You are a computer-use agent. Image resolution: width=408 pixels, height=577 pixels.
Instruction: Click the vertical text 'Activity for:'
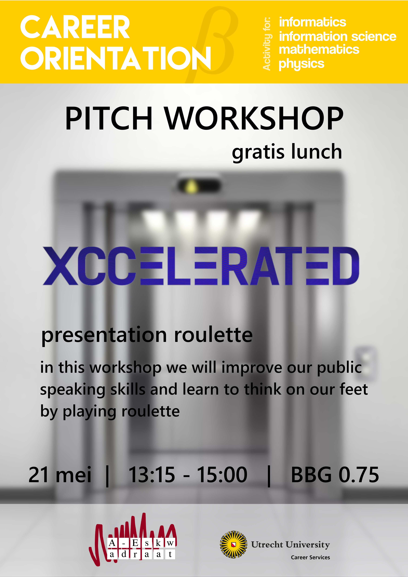pyautogui.click(x=267, y=44)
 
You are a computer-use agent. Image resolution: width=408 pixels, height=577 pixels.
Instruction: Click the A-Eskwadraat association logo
pyautogui.click(x=133, y=540)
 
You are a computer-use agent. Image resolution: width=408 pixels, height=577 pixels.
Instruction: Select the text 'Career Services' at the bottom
pyautogui.click(x=310, y=557)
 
